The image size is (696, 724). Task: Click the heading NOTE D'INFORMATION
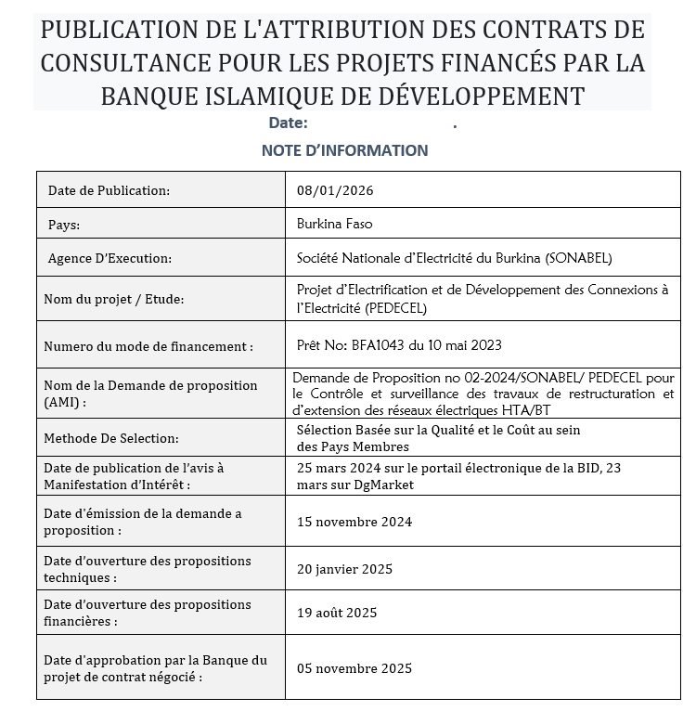344,150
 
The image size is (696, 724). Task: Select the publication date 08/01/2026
335,190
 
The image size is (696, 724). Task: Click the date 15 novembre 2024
354,522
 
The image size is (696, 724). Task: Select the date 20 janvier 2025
345,568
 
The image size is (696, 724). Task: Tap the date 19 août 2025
337,613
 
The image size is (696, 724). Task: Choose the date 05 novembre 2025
354,668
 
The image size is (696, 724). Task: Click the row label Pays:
64,225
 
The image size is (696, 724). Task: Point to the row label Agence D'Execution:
110,259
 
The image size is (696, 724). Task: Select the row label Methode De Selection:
111,438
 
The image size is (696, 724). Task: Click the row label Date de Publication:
109,190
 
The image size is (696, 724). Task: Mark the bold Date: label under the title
288,123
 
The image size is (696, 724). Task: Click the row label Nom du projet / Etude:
114,299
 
